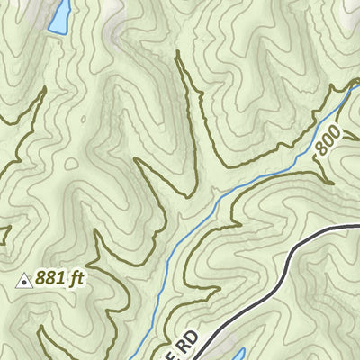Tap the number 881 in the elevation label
point(52,279)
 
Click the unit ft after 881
point(76,279)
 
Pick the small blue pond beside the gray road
point(236,354)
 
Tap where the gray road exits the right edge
point(357,229)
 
